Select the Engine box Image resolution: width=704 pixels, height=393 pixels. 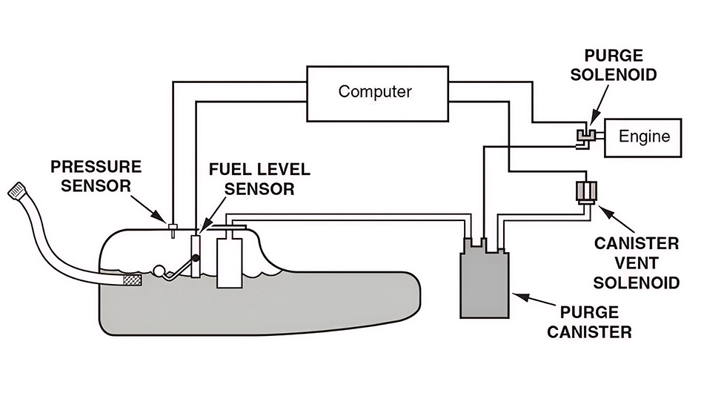point(644,136)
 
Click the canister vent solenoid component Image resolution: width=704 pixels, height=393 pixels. point(585,191)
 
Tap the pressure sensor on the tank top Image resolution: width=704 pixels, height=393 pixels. point(171,228)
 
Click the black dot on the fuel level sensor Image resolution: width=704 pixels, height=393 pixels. point(197,257)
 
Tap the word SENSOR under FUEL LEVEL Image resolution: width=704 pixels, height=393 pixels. point(260,188)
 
